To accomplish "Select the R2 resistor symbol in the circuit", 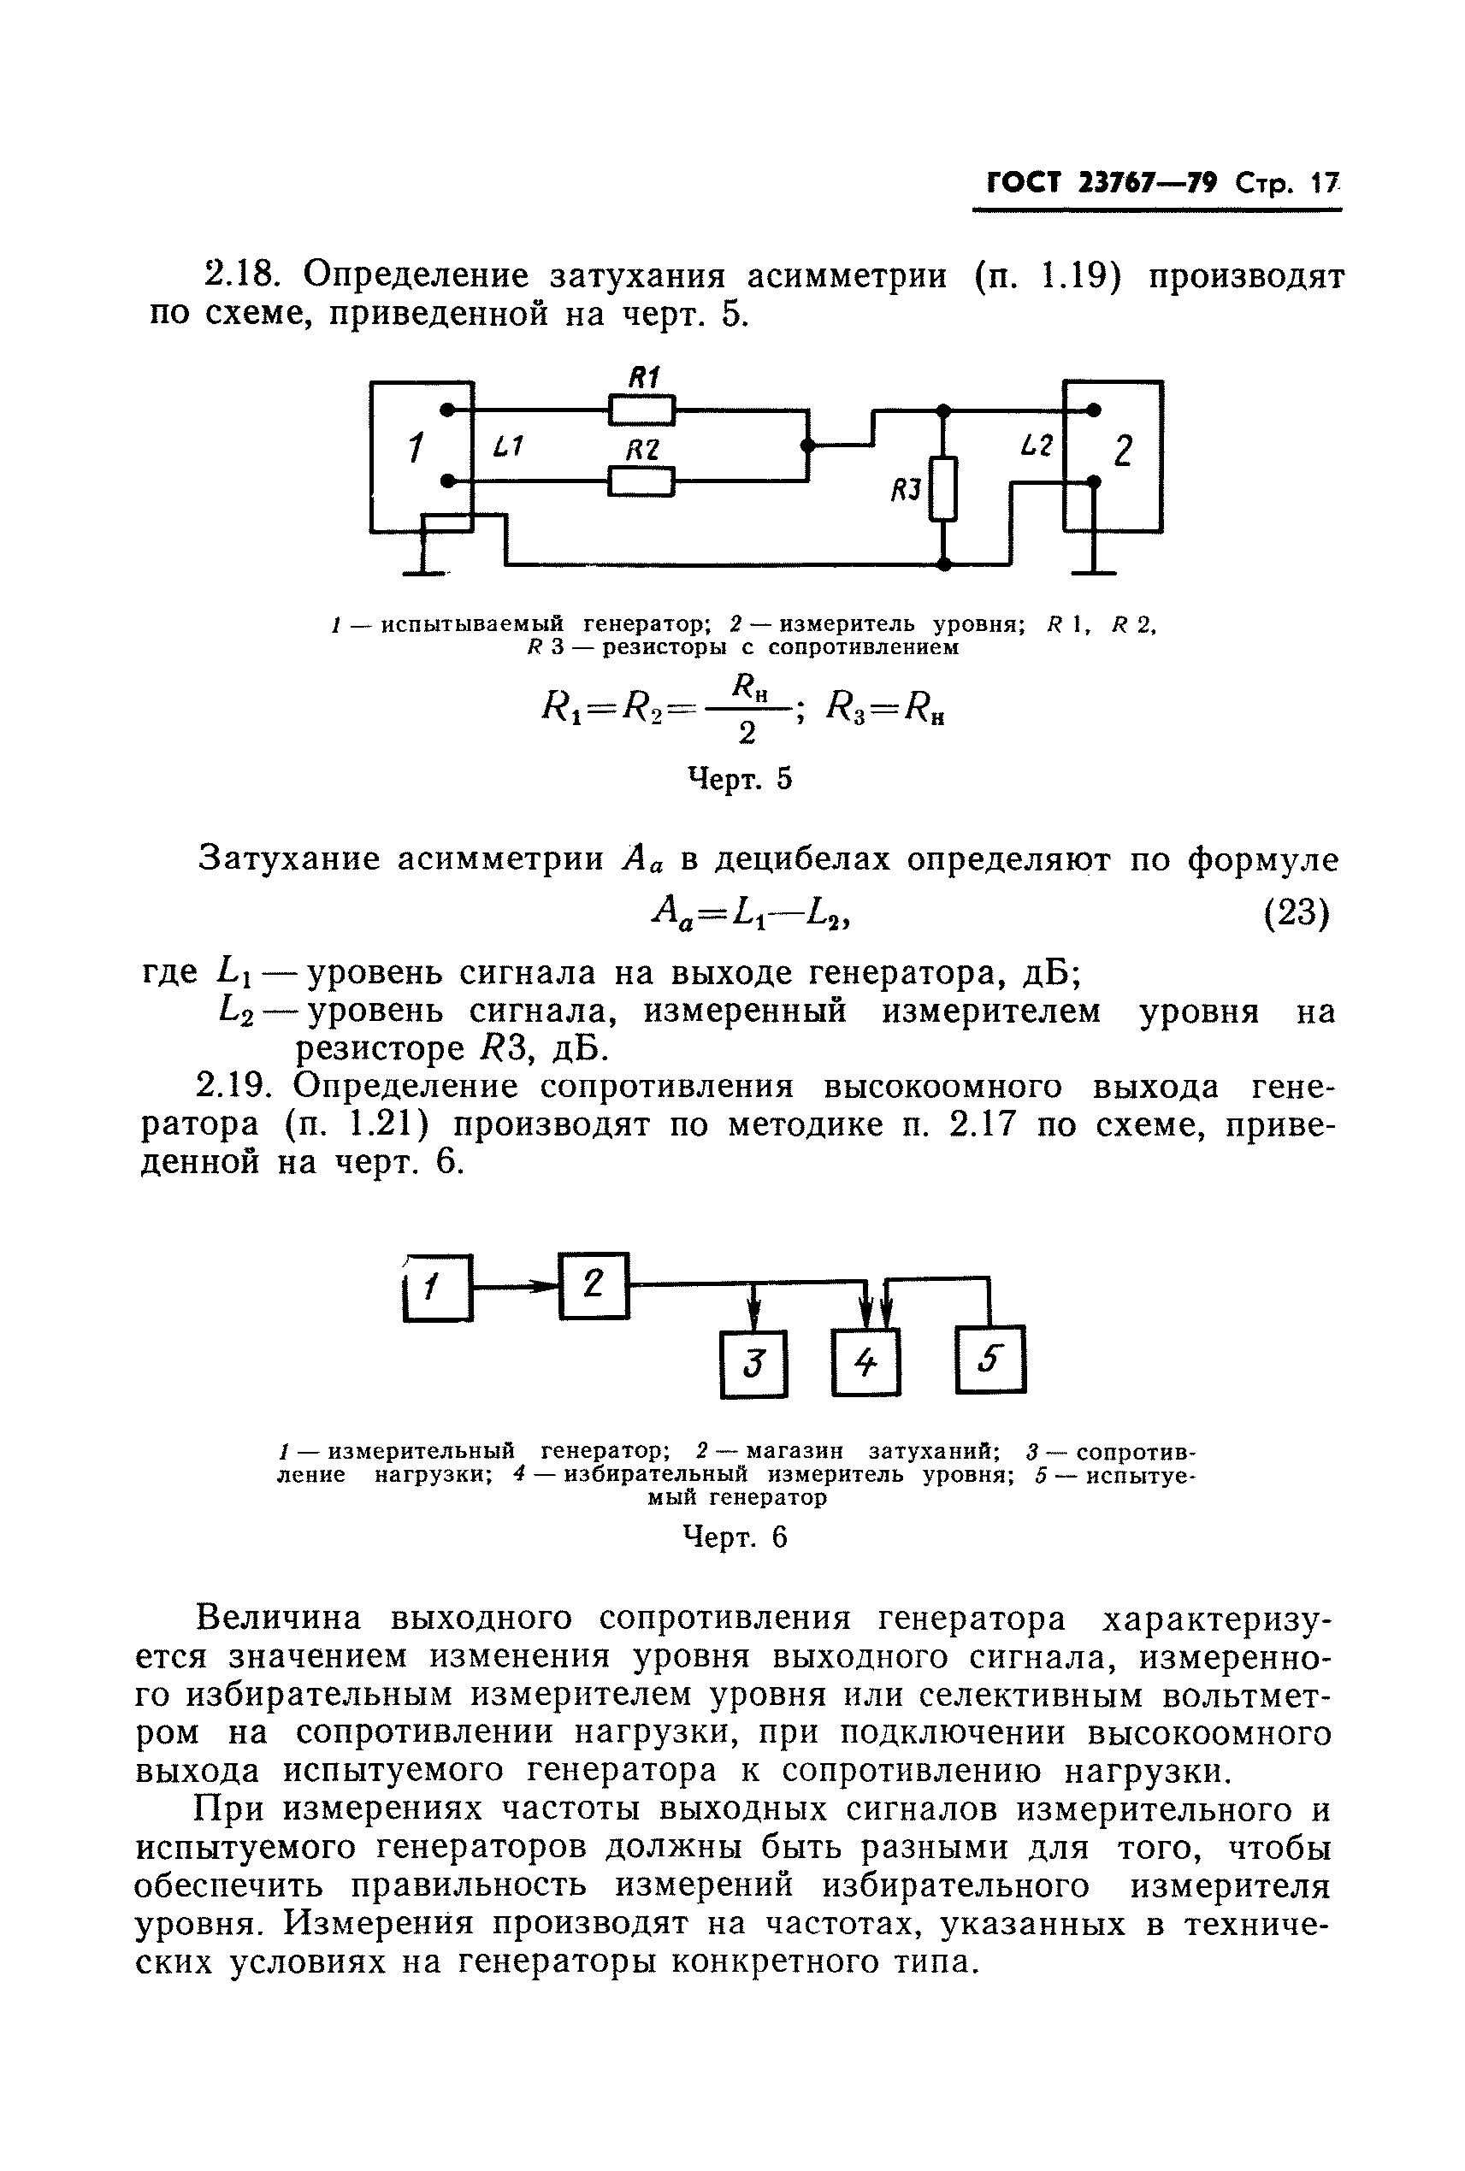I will point(641,481).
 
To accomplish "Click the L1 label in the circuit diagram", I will point(507,448).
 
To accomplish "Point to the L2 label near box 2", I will point(1037,446).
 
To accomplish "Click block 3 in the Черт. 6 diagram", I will point(754,1364).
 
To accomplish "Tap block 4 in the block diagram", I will point(866,1364).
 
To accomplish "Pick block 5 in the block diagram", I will point(990,1360).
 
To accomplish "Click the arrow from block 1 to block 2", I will point(517,1286).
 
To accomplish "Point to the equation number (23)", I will point(1296,912).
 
